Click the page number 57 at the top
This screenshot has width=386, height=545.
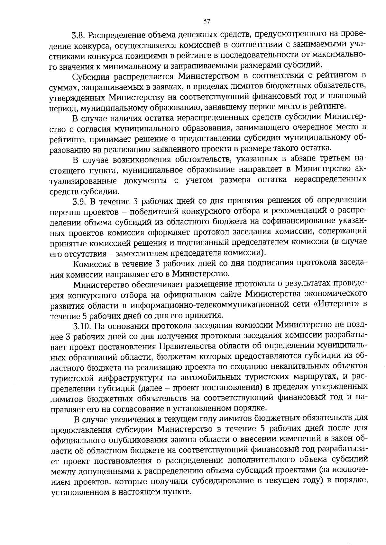(207, 22)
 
